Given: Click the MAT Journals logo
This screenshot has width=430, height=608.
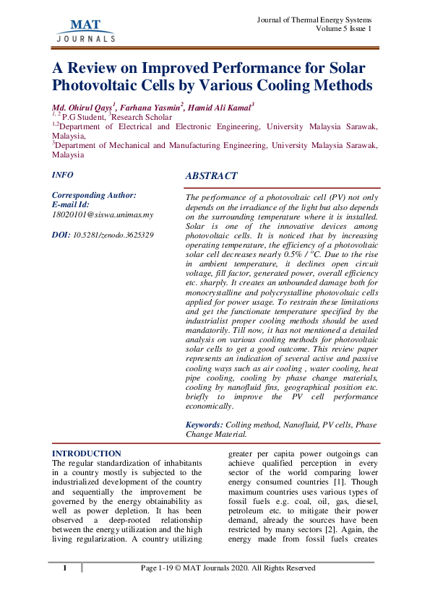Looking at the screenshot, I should pos(85,30).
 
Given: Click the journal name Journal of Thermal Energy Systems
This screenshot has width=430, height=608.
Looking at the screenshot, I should pos(314,18).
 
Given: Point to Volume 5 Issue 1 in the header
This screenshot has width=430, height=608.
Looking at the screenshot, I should pos(344,28).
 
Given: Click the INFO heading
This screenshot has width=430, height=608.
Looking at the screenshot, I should pos(62,175).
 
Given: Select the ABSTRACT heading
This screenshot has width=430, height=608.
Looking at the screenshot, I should pos(211,176).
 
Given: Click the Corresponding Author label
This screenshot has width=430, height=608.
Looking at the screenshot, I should pos(94,195).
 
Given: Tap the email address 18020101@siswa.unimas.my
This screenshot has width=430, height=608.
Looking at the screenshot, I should pos(103,215).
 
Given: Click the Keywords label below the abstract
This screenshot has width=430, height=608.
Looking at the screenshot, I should pos(205,425).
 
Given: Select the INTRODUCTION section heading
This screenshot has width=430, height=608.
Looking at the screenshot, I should pos(87,453).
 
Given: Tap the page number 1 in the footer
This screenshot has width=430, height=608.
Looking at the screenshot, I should pos(64,568).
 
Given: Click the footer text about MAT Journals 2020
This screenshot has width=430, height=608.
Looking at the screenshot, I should pos(228,568).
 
